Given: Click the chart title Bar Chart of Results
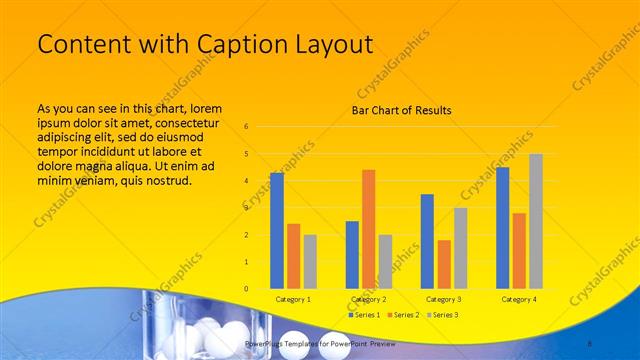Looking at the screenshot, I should [x=401, y=110].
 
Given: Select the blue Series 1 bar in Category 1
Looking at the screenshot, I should [x=277, y=230].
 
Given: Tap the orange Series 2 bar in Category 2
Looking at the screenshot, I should [x=368, y=229].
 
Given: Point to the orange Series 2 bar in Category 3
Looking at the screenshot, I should [x=443, y=264].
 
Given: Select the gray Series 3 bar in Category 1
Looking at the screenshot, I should [x=310, y=261].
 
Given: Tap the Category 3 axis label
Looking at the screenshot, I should [x=443, y=299].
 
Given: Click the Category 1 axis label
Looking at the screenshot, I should [x=293, y=299].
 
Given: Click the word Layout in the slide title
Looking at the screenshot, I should [x=328, y=44].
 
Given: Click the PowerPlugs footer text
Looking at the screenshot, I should [x=319, y=343].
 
